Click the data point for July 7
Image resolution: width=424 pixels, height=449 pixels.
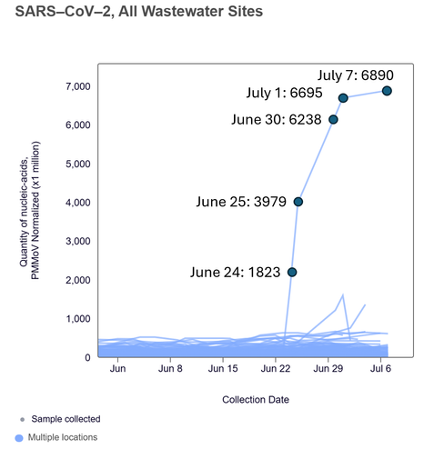pyautogui.click(x=387, y=91)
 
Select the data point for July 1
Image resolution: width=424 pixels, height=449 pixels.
pyautogui.click(x=343, y=98)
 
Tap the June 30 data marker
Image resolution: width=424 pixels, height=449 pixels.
pyautogui.click(x=333, y=120)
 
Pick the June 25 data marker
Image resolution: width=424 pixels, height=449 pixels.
pyautogui.click(x=298, y=202)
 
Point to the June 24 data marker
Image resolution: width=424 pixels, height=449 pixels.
pyautogui.click(x=292, y=272)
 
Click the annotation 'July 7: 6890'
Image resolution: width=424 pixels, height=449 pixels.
pyautogui.click(x=356, y=75)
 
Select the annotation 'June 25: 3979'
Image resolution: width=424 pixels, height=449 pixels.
pyautogui.click(x=241, y=202)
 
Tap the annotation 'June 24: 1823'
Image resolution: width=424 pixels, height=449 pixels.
pyautogui.click(x=235, y=272)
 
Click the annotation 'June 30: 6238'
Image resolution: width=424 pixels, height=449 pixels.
pyautogui.click(x=277, y=119)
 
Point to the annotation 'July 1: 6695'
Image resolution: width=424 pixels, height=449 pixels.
pyautogui.click(x=284, y=93)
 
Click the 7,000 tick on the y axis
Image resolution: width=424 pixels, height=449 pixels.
pyautogui.click(x=78, y=86)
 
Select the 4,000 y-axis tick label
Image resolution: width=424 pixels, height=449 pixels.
pyautogui.click(x=78, y=203)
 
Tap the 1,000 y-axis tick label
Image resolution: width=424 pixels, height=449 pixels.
pyautogui.click(x=78, y=319)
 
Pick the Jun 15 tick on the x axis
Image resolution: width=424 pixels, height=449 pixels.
pyautogui.click(x=223, y=369)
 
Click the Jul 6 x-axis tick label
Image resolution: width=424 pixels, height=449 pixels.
pyautogui.click(x=380, y=369)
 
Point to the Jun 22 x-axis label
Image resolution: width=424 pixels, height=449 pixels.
pyautogui.click(x=276, y=369)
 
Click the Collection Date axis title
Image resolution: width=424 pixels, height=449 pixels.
pyautogui.click(x=256, y=400)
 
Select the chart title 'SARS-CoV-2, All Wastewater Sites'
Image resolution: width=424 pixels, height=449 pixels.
pyautogui.click(x=139, y=12)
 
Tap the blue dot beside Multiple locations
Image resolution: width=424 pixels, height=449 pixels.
pyautogui.click(x=19, y=438)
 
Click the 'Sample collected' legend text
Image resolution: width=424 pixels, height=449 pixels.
pyautogui.click(x=66, y=419)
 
